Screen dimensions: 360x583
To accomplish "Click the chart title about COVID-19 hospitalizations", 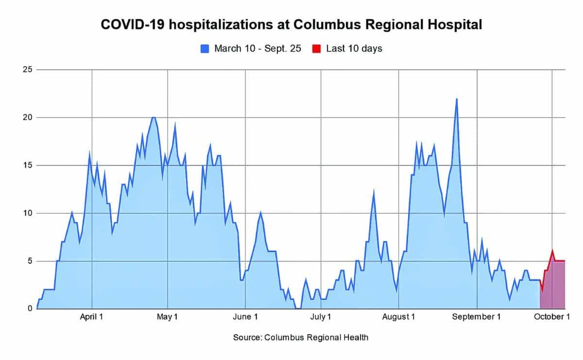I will pyautogui.click(x=291, y=25).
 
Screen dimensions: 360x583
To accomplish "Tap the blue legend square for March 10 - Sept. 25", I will pyautogui.click(x=205, y=49).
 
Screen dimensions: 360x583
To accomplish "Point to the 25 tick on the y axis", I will pyautogui.click(x=27, y=70).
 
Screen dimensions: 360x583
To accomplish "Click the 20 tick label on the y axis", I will pyautogui.click(x=27, y=118).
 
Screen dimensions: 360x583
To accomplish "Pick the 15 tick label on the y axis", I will pyautogui.click(x=27, y=165).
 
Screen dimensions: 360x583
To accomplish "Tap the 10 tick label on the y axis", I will pyautogui.click(x=27, y=213).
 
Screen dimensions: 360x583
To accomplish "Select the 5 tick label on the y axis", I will pyautogui.click(x=30, y=261).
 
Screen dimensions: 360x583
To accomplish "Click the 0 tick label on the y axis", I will pyautogui.click(x=30, y=309).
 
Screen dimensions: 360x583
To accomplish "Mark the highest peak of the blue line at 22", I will pyautogui.click(x=457, y=99).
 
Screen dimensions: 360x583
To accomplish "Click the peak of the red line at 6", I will pyautogui.click(x=552, y=251).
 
